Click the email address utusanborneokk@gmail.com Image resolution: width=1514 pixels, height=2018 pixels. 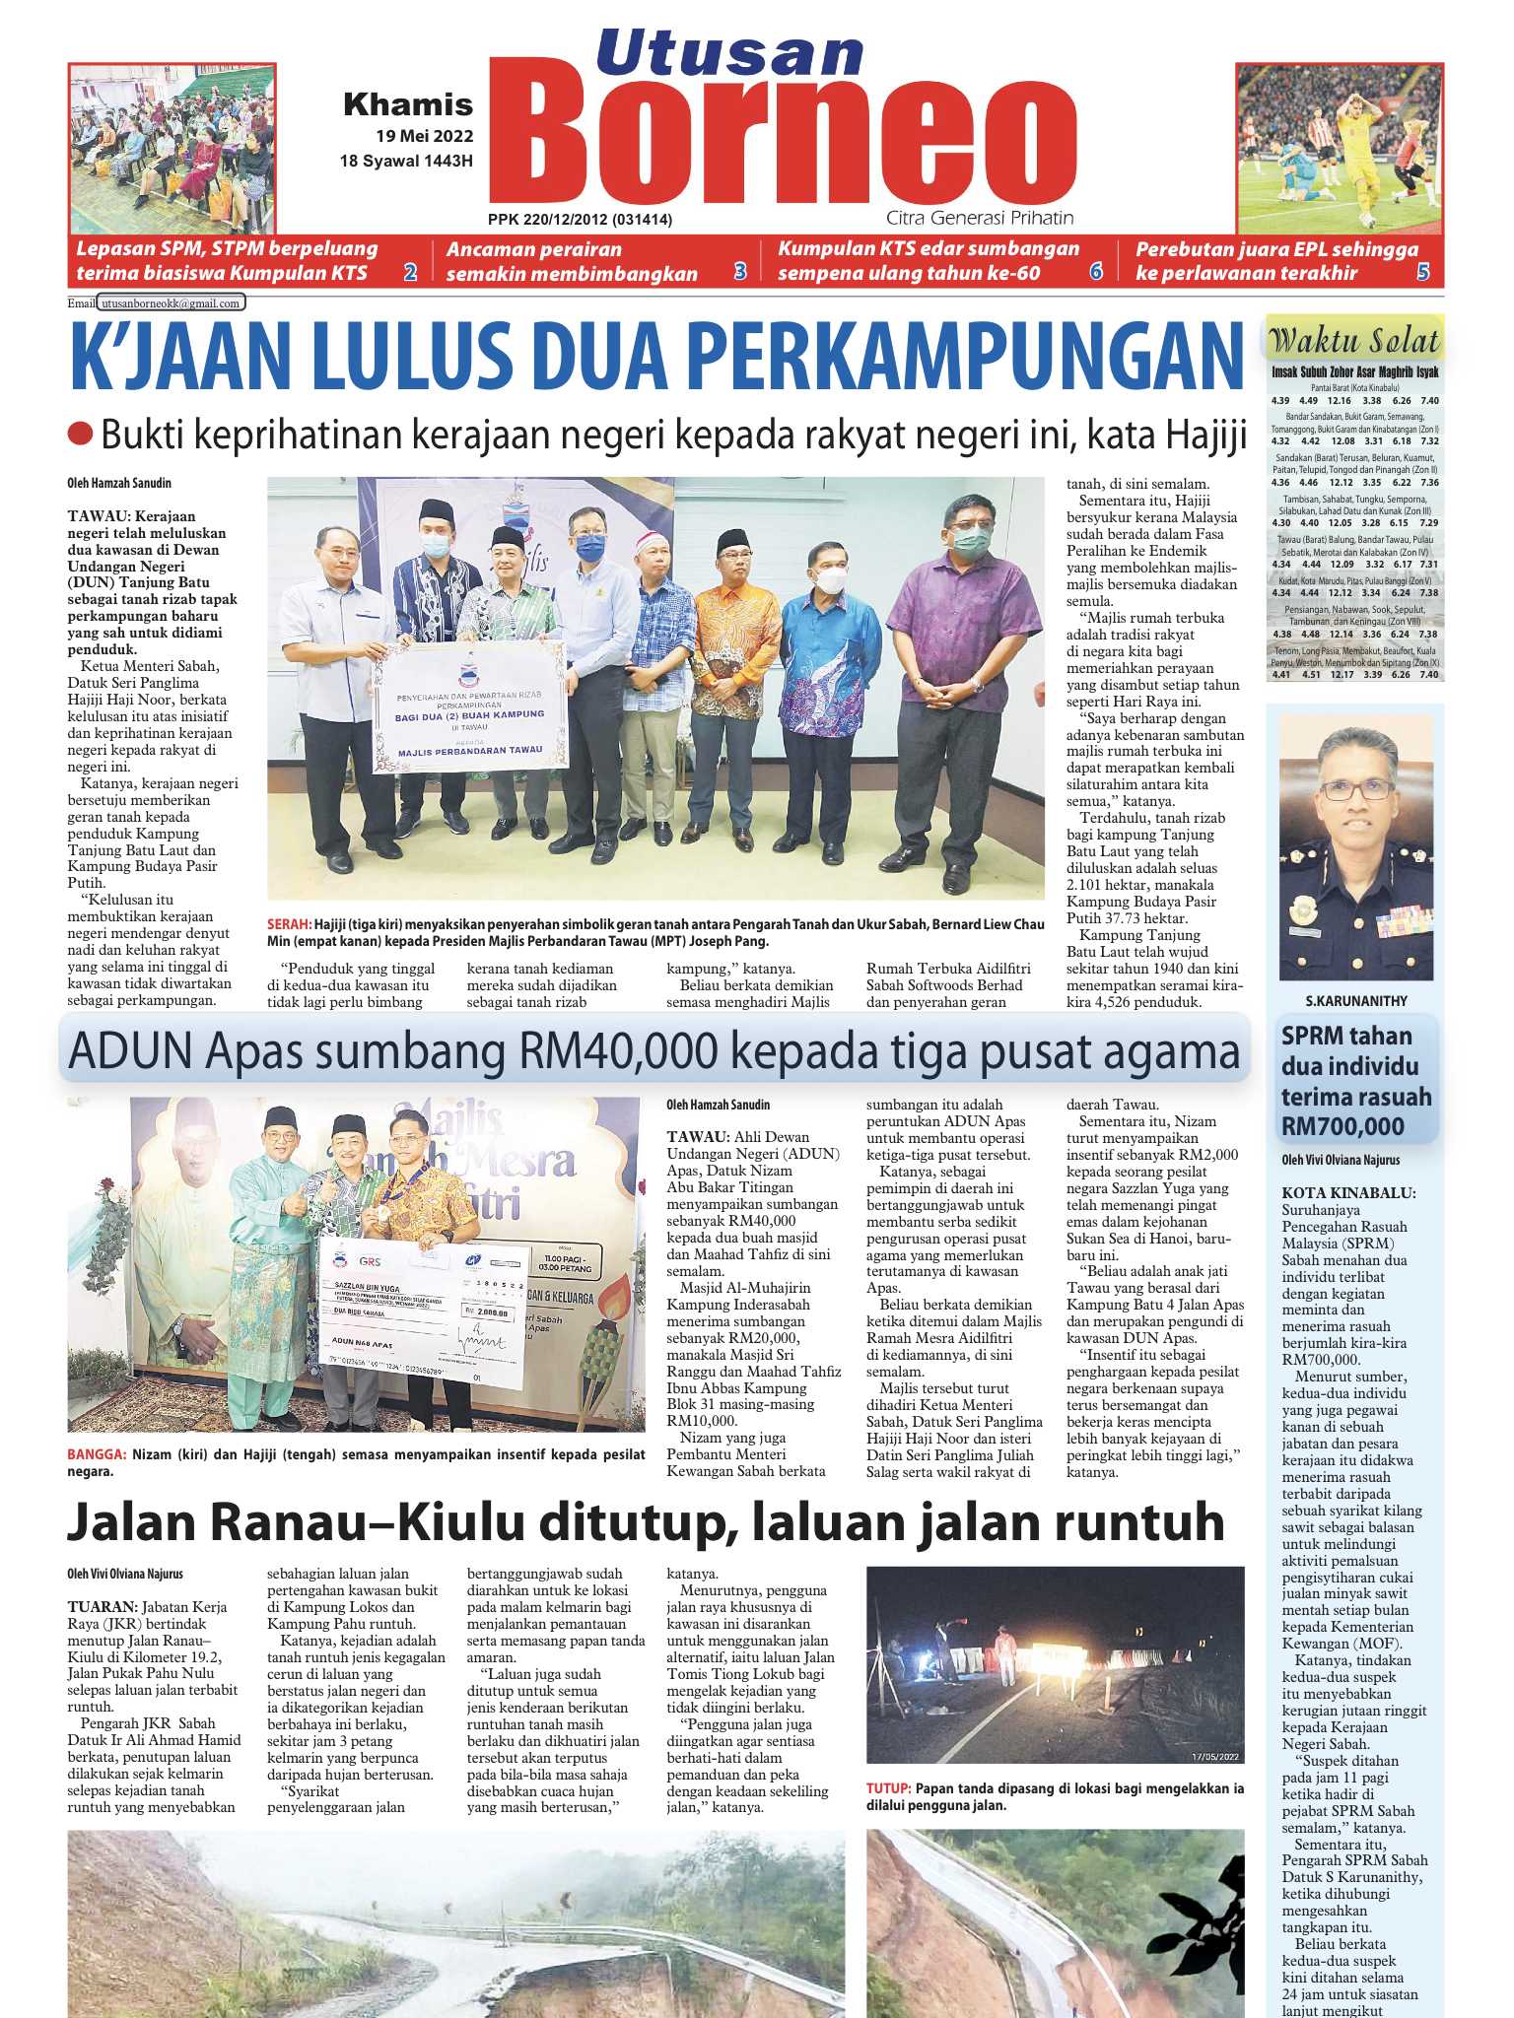(x=172, y=303)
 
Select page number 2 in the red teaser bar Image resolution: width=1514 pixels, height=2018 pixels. (x=410, y=273)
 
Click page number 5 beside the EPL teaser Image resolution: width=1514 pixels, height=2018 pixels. (x=1422, y=273)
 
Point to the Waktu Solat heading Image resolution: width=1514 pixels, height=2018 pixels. (x=1354, y=341)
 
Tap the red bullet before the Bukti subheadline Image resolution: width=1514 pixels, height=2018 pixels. (x=80, y=433)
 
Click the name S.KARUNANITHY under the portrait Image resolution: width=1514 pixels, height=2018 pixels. (x=1356, y=1001)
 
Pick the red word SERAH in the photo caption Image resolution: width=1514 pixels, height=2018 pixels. (x=288, y=924)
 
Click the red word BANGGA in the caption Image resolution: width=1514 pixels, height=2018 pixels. (x=96, y=1454)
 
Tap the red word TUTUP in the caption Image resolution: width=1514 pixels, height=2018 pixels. (x=887, y=1788)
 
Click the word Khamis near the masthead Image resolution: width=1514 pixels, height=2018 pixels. (x=408, y=104)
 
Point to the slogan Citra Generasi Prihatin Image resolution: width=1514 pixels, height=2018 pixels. (x=979, y=218)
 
